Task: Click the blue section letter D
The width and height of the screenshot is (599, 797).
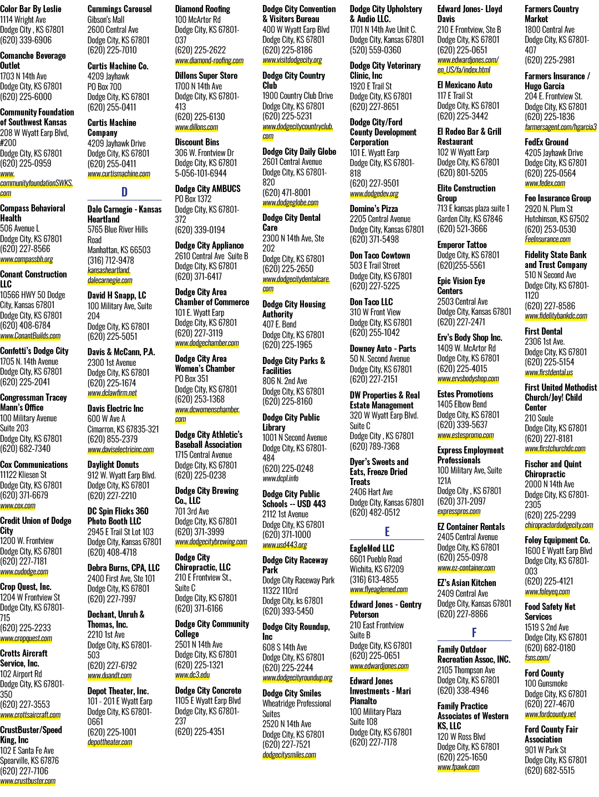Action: (x=124, y=192)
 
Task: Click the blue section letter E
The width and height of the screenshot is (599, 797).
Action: (x=387, y=532)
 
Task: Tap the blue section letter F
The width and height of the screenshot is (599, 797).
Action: (x=474, y=633)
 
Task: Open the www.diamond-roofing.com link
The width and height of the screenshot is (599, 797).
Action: (x=209, y=60)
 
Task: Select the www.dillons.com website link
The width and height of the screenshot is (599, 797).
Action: (x=197, y=128)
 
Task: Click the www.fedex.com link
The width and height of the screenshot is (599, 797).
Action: (x=545, y=183)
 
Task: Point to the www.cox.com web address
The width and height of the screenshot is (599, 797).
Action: (x=18, y=506)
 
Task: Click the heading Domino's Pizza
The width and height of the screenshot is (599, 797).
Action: (x=374, y=209)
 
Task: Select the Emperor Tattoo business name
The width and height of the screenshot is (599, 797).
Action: (x=462, y=245)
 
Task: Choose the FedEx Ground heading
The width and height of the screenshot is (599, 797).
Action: (x=546, y=142)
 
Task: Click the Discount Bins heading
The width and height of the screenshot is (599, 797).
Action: (x=197, y=142)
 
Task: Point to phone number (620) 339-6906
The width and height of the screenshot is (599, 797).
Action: (x=26, y=40)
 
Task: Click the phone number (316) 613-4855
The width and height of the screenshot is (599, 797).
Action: (x=374, y=579)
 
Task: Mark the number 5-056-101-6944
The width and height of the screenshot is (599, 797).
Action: (x=201, y=173)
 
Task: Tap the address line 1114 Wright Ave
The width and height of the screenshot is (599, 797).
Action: (x=23, y=19)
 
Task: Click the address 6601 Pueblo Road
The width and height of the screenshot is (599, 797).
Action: (x=376, y=559)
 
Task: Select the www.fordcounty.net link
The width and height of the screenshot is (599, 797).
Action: (x=550, y=714)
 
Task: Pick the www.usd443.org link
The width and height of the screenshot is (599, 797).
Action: (x=285, y=545)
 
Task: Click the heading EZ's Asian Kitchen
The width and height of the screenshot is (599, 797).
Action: (x=466, y=583)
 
